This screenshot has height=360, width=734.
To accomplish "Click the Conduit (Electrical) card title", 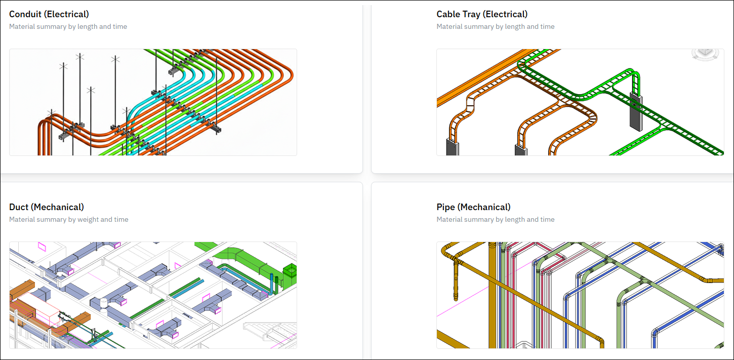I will (49, 14).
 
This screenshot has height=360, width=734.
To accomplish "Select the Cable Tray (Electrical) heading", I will (482, 14).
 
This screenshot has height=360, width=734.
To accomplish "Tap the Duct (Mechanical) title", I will (47, 207).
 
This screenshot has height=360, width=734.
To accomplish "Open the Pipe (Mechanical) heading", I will (473, 207).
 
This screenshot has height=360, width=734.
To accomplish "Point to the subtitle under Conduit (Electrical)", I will (68, 26).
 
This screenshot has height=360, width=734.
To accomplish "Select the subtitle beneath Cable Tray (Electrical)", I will (495, 26).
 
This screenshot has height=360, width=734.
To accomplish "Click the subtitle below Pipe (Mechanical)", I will (495, 220).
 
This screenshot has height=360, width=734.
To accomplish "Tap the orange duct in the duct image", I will (21, 289).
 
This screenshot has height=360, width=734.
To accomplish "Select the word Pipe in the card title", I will (445, 207).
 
